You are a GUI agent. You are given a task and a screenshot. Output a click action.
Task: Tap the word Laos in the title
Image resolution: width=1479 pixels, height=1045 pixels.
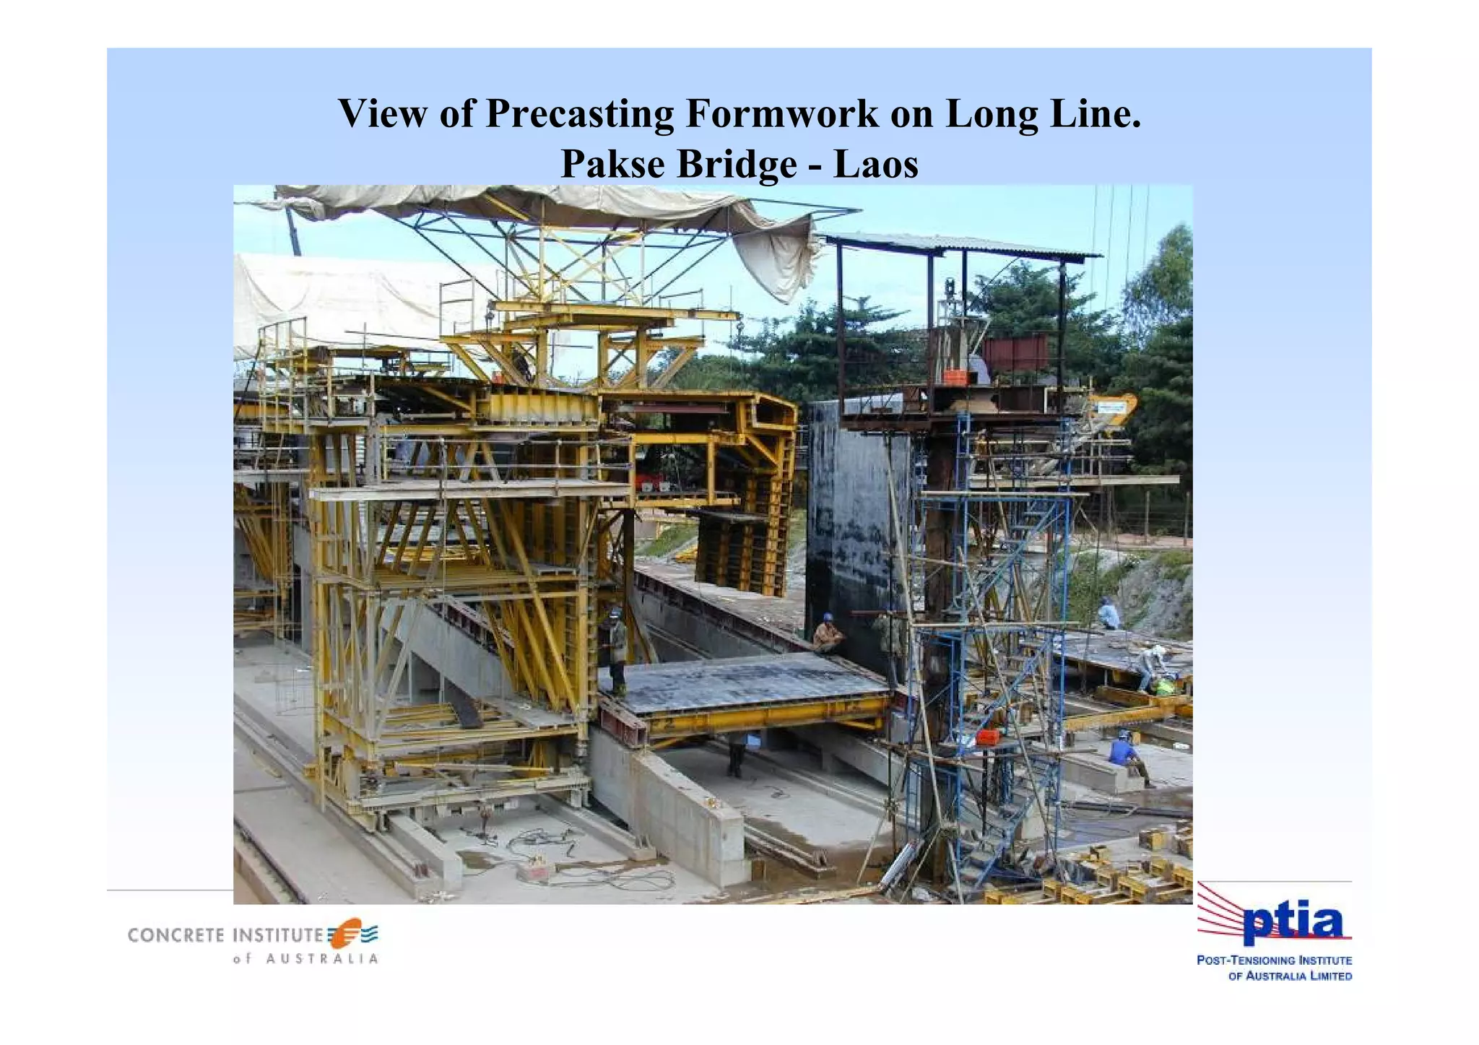click(875, 164)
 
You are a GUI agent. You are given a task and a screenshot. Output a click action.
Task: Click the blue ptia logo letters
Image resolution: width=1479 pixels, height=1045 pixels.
click(1292, 924)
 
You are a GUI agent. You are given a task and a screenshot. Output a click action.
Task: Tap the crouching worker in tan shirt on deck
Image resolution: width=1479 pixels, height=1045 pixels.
click(827, 636)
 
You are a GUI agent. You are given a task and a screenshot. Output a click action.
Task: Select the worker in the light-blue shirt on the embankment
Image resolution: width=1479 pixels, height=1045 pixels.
click(1108, 614)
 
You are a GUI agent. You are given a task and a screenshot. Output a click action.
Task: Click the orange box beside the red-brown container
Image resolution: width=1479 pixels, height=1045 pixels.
click(955, 376)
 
